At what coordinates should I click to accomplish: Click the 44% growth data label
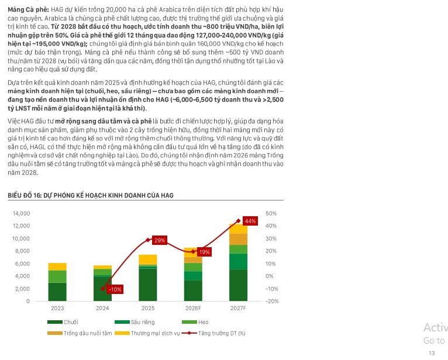point(250,221)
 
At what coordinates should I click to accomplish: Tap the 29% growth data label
point(160,240)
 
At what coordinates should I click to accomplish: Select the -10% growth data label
point(115,289)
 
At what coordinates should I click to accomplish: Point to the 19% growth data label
point(205,252)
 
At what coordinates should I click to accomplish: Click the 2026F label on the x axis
point(193,309)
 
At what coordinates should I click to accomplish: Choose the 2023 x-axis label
point(57,309)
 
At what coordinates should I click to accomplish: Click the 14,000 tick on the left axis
point(21,213)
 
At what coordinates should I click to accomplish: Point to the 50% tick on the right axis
point(271,213)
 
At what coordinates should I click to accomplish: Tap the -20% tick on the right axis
point(272,301)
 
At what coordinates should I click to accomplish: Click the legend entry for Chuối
point(63,322)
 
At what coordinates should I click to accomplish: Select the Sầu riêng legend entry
point(135,322)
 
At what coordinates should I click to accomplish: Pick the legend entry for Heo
point(195,322)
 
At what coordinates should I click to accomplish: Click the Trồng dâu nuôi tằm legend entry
point(80,333)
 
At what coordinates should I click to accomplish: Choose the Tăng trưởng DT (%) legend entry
point(213,333)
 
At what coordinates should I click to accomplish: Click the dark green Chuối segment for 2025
point(148,285)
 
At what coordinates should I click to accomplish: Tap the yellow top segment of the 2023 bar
point(57,266)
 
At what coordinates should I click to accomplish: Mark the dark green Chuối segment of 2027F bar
point(238,286)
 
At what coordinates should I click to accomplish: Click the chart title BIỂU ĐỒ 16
point(91,195)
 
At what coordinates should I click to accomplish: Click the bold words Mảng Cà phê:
point(28,10)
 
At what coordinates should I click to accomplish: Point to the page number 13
point(432,353)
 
